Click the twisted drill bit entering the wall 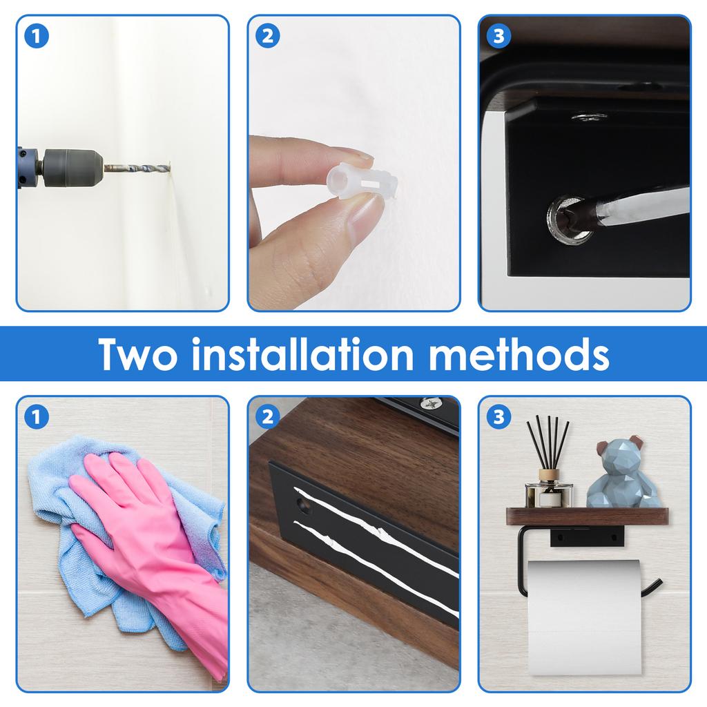click(137, 167)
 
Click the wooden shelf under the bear click(587, 516)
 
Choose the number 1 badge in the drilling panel click(37, 37)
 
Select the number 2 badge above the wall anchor click(268, 37)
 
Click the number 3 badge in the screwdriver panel click(498, 37)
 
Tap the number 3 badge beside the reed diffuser click(498, 417)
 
